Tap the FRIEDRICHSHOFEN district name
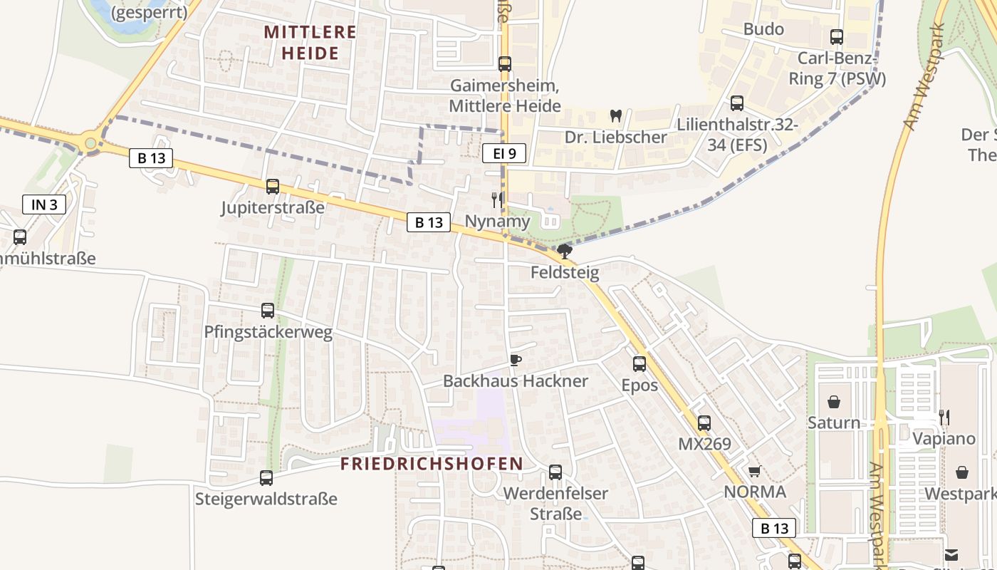[432, 464]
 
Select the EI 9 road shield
[504, 152]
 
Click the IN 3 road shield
[44, 205]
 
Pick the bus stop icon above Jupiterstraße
[273, 187]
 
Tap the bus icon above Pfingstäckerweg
[268, 311]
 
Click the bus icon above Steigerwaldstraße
[266, 478]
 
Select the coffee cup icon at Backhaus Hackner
[516, 361]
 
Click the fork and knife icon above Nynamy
[497, 200]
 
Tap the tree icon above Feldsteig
[565, 251]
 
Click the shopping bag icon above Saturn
[834, 402]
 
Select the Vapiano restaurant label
[944, 438]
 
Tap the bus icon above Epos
[640, 364]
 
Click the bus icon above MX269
[704, 423]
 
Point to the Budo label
[763, 29]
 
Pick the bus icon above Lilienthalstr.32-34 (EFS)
[737, 103]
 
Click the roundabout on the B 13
[90, 143]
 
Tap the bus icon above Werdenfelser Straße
[555, 472]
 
